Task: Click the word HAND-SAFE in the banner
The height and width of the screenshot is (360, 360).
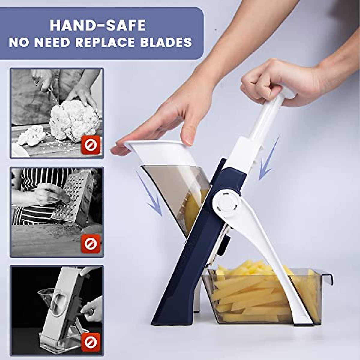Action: tap(97, 25)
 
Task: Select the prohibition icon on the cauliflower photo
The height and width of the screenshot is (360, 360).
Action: tap(90, 145)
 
